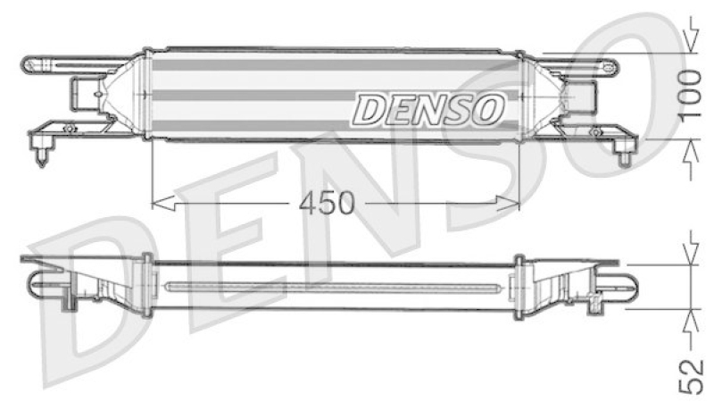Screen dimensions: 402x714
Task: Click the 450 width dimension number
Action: (326, 205)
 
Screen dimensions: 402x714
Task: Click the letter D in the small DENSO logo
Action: (369, 110)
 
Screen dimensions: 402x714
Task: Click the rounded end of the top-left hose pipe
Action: (29, 64)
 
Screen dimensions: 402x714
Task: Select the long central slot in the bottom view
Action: (330, 288)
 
